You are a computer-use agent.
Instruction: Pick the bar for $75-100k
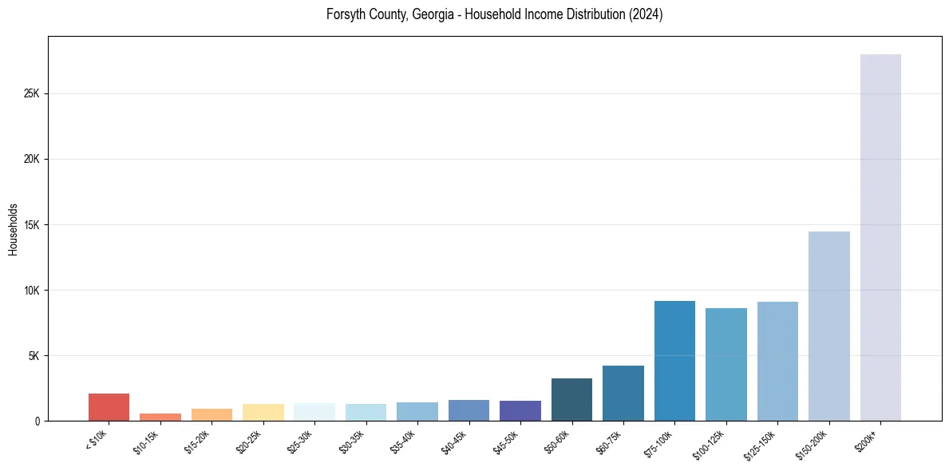click(x=674, y=361)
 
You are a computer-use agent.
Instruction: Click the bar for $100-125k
click(x=726, y=364)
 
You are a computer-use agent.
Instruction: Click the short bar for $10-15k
click(x=160, y=417)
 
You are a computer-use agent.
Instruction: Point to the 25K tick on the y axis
click(x=31, y=93)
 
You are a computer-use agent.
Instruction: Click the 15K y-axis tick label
click(x=31, y=224)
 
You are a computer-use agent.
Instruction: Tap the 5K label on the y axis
click(x=34, y=355)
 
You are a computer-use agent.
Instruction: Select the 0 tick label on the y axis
click(x=37, y=421)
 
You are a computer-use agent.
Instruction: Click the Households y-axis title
click(x=13, y=229)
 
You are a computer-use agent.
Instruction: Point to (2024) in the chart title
click(x=646, y=14)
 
